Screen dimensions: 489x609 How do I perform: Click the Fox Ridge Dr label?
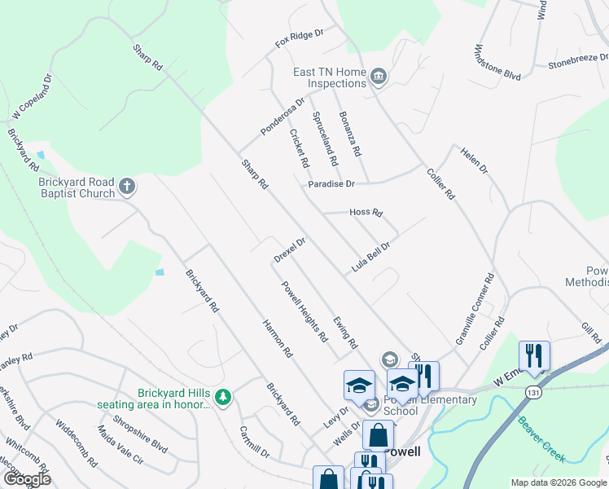point(300,37)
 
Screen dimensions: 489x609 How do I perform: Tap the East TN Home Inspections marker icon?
point(378,77)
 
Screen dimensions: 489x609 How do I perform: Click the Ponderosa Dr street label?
point(282,117)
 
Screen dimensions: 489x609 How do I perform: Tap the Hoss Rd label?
point(366,213)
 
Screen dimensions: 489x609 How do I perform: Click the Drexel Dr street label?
point(289,250)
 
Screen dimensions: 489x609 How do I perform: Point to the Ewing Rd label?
point(345,333)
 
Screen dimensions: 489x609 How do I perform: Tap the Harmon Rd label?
point(277,338)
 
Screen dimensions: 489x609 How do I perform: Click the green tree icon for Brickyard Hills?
point(223,397)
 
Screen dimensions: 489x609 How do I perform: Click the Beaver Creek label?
point(541,440)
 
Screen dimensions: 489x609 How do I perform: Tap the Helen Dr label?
point(473,160)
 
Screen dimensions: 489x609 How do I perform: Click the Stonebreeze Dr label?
point(578,59)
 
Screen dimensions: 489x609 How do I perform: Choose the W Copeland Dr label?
point(32,97)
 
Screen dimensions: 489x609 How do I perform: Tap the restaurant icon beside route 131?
point(534,355)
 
